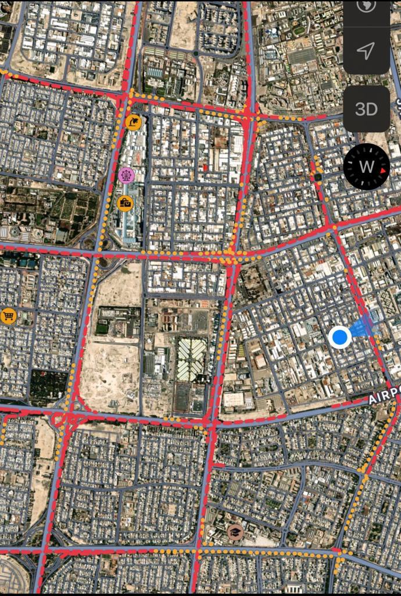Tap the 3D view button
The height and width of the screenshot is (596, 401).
point(366,109)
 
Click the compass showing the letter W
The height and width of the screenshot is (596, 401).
point(366,166)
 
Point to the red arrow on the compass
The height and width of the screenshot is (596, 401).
point(384,169)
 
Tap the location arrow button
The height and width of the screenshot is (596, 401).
point(366,51)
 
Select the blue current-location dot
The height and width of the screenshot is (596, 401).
point(339,337)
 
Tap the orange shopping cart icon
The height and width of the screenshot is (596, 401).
point(8,316)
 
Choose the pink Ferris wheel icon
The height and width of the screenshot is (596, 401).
point(126,174)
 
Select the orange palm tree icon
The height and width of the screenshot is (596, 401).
point(133,122)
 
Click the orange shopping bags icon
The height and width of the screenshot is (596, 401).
point(125,203)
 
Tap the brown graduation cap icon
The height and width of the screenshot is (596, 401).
point(235,531)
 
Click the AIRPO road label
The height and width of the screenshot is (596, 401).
point(384,397)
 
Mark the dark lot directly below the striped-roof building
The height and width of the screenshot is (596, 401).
point(189,399)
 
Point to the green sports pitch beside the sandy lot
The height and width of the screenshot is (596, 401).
point(102,328)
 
